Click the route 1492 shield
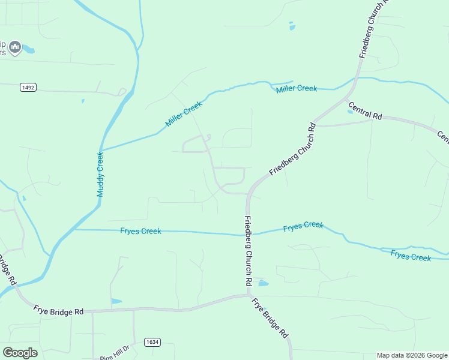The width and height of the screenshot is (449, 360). (28, 88)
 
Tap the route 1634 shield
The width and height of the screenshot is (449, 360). (152, 342)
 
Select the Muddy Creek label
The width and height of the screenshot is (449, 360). (100, 174)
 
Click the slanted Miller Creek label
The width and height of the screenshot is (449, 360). (184, 113)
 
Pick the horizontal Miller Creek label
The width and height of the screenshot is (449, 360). (297, 89)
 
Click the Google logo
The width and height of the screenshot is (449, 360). (20, 352)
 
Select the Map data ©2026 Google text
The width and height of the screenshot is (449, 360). (412, 355)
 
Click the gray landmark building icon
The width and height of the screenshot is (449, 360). (16, 47)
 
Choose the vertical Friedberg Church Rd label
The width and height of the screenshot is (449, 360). (248, 250)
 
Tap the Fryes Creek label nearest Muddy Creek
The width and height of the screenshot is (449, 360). (140, 231)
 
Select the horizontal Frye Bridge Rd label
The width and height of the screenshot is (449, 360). (59, 312)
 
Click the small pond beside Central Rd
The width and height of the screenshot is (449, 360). (351, 110)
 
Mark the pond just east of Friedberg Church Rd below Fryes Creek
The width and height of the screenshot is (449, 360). (262, 283)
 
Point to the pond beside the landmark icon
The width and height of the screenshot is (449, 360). (29, 50)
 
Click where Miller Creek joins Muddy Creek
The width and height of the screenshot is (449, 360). (101, 149)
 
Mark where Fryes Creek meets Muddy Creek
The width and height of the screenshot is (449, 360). (74, 229)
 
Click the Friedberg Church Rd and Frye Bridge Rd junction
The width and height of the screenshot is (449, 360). (248, 295)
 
